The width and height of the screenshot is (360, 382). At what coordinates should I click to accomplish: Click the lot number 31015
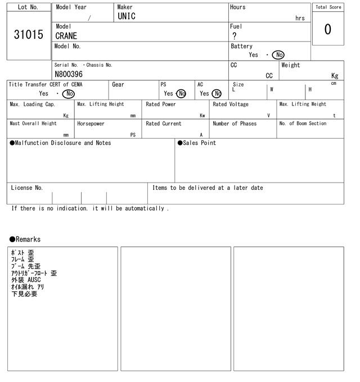click(28, 35)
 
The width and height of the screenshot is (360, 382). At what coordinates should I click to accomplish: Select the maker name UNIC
click(127, 16)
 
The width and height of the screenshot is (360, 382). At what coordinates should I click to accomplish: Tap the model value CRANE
click(66, 36)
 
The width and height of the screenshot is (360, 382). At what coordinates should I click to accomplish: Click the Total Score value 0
click(327, 29)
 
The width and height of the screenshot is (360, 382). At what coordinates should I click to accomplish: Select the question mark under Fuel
click(234, 36)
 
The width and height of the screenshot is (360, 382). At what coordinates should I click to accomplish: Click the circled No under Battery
click(277, 55)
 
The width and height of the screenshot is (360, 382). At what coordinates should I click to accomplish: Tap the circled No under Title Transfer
click(68, 94)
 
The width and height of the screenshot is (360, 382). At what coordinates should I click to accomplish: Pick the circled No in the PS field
click(181, 94)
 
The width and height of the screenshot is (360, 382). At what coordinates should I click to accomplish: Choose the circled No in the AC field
click(217, 94)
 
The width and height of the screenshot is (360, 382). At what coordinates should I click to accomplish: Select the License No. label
click(26, 188)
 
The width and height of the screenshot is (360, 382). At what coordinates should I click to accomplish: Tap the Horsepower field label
click(91, 124)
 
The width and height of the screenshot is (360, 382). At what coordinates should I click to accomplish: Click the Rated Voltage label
click(231, 104)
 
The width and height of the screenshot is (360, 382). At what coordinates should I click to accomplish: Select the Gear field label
click(118, 85)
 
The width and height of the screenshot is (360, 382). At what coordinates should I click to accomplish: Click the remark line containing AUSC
click(26, 280)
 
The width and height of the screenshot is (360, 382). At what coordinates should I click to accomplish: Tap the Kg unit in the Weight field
click(335, 75)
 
